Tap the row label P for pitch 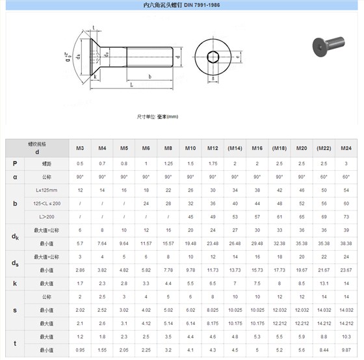point(14,163)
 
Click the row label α point(14,177)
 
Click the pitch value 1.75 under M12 point(213,163)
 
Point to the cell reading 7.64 point(102,243)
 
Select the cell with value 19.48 point(190,243)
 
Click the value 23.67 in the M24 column point(346,270)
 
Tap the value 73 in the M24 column point(346,216)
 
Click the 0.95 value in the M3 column point(80,350)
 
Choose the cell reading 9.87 point(346,350)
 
